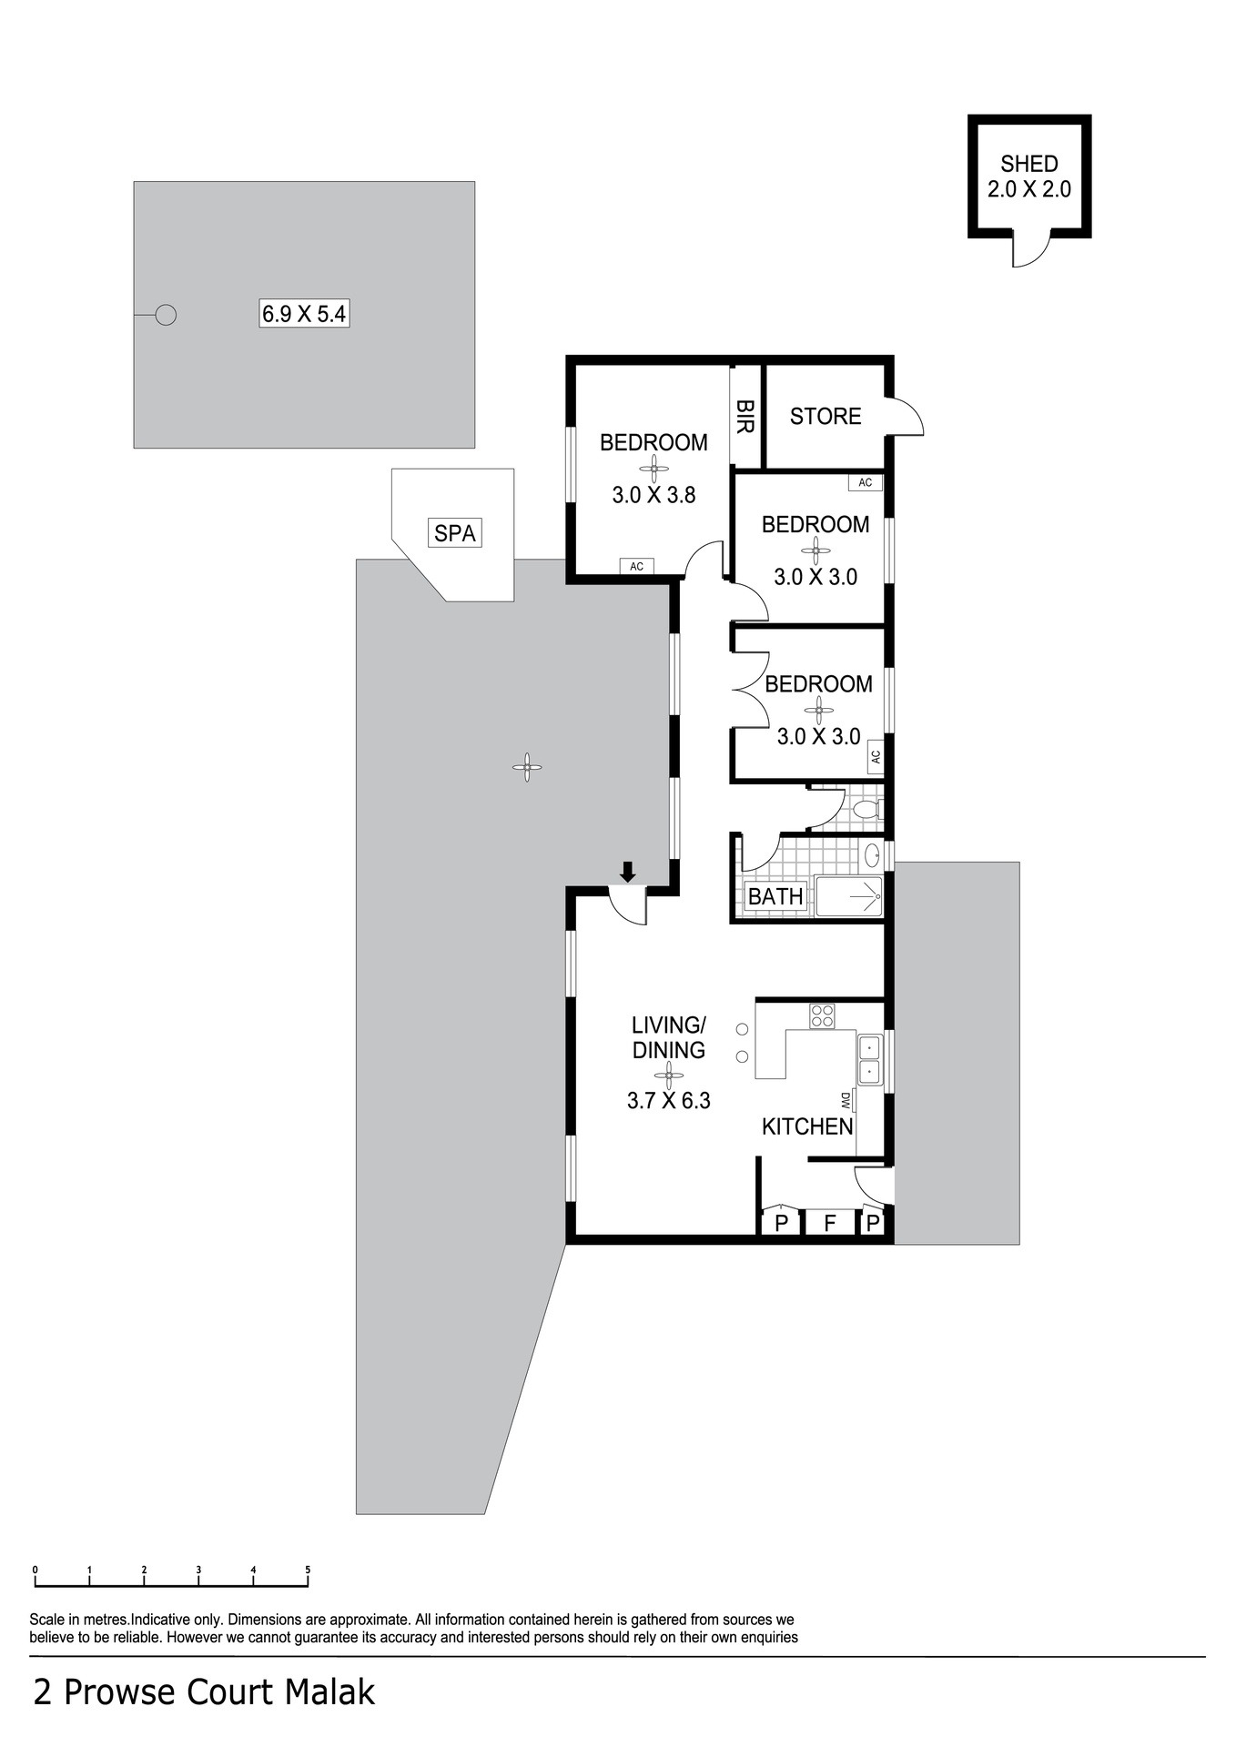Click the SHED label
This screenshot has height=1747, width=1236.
pos(1029,164)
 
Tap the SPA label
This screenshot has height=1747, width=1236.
pos(455,532)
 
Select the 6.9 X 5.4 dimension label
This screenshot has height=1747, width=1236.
pos(304,314)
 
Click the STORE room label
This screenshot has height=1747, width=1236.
pos(826,416)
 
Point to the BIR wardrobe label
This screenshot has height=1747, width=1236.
pos(745,416)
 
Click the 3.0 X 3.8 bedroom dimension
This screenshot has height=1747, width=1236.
pos(653,495)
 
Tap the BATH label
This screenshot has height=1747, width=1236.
pos(775,896)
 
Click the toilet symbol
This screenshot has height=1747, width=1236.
pos(866,809)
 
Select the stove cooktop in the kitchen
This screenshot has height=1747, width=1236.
pos(822,1015)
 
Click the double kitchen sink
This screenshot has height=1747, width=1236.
pos(869,1060)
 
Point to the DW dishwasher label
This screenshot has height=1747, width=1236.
pos(846,1101)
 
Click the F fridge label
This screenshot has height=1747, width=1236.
pos(829,1223)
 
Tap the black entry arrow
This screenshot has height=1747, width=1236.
pos(627,872)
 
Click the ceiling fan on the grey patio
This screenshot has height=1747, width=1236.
pos(527,767)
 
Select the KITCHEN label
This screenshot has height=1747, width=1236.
pos(807,1126)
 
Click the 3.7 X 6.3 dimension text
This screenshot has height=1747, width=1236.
pos(668,1100)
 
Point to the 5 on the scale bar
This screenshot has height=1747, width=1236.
pos(308,1570)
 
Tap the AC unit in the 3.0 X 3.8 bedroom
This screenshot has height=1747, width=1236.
pos(636,566)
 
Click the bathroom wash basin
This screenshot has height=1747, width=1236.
pos(872,855)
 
